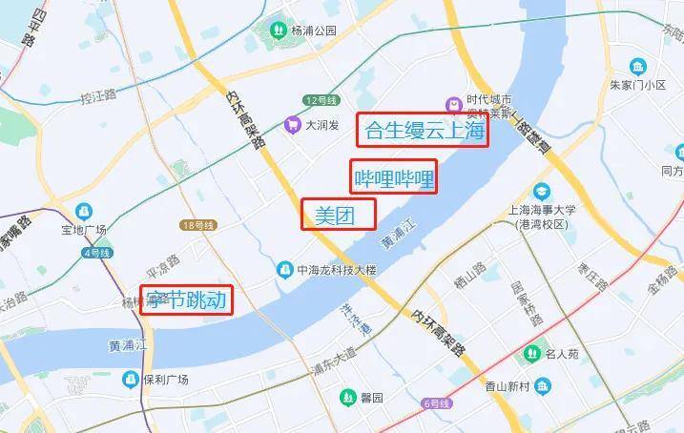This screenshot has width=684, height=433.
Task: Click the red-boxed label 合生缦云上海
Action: (x=422, y=130)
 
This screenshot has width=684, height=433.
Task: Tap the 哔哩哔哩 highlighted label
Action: (x=394, y=176)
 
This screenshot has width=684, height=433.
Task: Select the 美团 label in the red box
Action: (x=338, y=215)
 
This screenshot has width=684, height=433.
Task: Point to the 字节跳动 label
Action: (x=186, y=301)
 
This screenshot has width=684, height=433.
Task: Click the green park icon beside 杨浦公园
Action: (x=277, y=30)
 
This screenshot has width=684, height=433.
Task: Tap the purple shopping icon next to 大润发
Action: (x=293, y=123)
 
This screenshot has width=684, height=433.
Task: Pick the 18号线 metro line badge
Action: (x=197, y=225)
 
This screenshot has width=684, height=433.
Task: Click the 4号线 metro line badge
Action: (x=97, y=252)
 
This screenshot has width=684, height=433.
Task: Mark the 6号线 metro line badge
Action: (x=439, y=403)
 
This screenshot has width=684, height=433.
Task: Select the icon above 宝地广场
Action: (x=84, y=210)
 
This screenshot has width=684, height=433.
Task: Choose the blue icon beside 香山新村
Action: (x=543, y=386)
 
